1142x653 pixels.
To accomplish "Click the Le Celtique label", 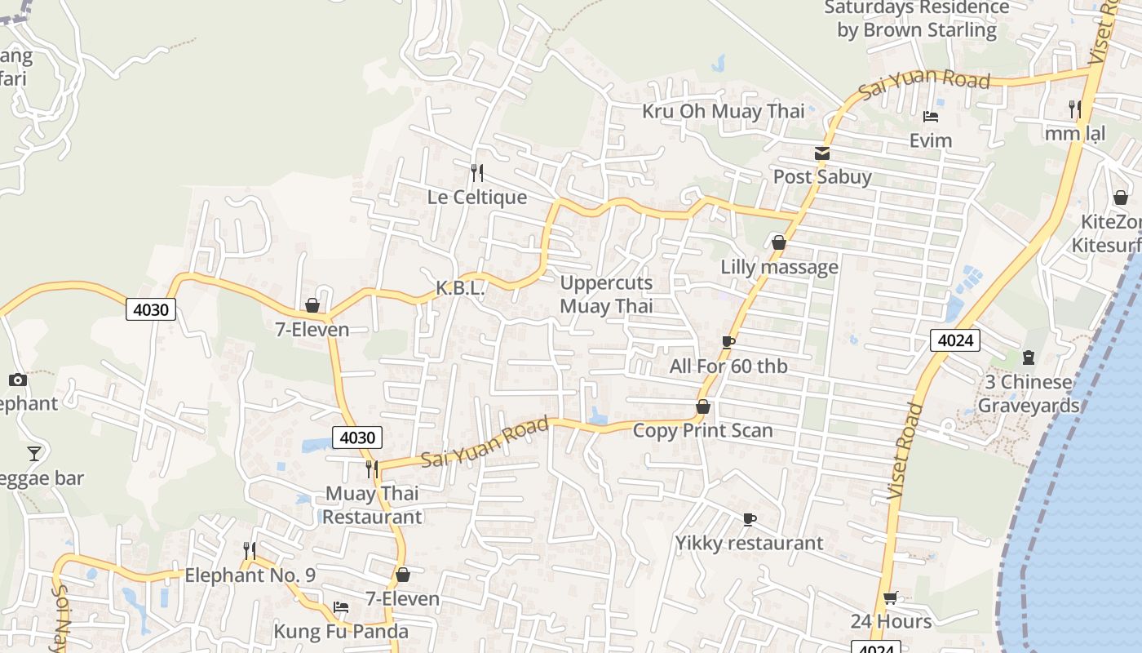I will [x=477, y=198].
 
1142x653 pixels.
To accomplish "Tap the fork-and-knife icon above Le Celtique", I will [x=477, y=172].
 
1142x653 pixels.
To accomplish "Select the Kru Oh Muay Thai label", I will [x=723, y=111].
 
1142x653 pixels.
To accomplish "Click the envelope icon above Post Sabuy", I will [x=821, y=153].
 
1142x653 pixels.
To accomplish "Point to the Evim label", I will [x=931, y=140].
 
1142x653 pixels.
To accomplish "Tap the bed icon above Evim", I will [x=931, y=117].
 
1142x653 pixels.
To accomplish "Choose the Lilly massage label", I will [x=779, y=267].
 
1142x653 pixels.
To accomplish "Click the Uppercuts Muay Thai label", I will [x=606, y=295].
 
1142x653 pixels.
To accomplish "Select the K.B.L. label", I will [x=460, y=287].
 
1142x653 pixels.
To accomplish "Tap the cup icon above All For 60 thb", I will [x=728, y=342].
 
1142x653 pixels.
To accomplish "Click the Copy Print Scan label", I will [x=702, y=430].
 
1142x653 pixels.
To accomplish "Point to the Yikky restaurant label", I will [x=749, y=543].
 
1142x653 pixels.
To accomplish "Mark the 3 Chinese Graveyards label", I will [x=1028, y=393].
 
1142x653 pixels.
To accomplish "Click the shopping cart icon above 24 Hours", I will [x=891, y=598].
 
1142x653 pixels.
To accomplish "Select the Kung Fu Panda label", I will [x=341, y=631].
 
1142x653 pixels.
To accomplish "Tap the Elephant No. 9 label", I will [x=250, y=575].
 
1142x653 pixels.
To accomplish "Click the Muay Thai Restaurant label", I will [x=372, y=505].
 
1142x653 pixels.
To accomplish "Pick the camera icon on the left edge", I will [x=17, y=380].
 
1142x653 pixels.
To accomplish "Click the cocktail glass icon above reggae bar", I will [x=33, y=454].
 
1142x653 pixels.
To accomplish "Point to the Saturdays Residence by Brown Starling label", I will [x=916, y=19].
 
